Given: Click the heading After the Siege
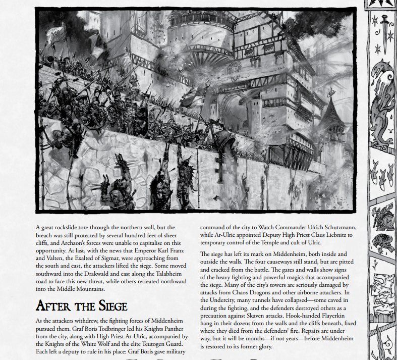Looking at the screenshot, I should click(x=82, y=305).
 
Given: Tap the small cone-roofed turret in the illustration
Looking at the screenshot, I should click(x=334, y=116).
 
